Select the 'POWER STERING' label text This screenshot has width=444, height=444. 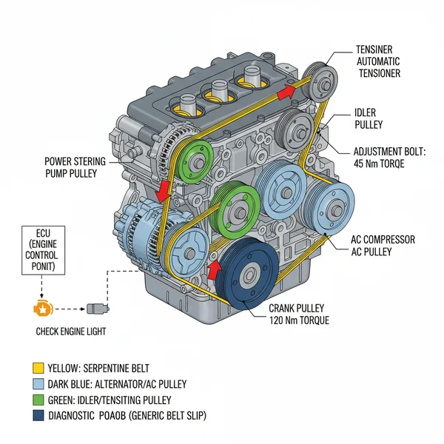tap(75, 161)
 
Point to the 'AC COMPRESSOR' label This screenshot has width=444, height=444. tap(382, 240)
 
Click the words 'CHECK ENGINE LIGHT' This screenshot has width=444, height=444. tap(71, 332)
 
